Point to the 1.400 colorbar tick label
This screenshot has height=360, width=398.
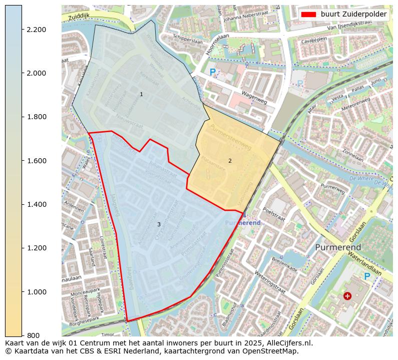click(x=36, y=204)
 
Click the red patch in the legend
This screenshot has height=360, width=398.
click(x=308, y=15)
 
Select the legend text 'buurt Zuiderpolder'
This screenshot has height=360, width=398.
click(x=353, y=15)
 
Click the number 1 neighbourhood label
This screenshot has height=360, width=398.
click(x=141, y=95)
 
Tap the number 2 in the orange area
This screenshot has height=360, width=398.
click(x=230, y=161)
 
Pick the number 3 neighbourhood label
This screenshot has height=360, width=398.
click(x=159, y=225)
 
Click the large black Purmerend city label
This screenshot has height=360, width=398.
click(x=338, y=248)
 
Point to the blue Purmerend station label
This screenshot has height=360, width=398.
click(x=243, y=222)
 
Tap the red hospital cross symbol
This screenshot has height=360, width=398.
click(x=347, y=296)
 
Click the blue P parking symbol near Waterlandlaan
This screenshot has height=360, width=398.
click(x=367, y=276)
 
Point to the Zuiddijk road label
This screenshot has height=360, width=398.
click(x=80, y=16)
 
